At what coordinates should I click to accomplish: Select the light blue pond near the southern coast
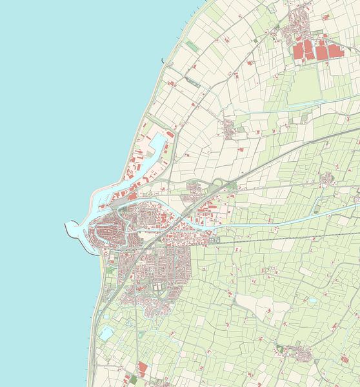coord(106,333)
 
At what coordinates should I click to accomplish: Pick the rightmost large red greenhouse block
coord(334,51)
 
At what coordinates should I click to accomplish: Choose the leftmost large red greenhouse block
coord(299,52)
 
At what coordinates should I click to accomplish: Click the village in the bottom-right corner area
coord(299,352)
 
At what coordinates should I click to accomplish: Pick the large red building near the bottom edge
coord(142,368)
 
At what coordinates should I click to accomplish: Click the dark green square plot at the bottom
coord(128,379)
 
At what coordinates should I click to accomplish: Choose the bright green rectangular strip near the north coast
coord(193,47)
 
